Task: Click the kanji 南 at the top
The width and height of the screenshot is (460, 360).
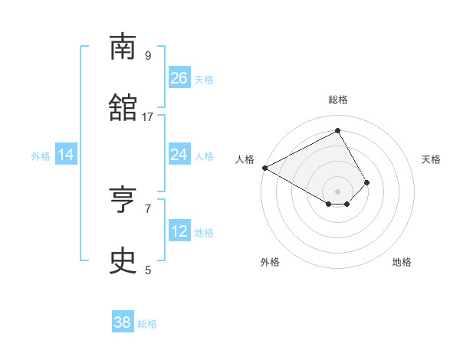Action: pyautogui.click(x=123, y=47)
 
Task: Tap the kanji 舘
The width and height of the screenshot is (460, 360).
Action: pyautogui.click(x=123, y=108)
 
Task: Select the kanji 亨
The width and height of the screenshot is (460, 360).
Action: pyautogui.click(x=123, y=201)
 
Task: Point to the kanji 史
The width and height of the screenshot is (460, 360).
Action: pyautogui.click(x=123, y=262)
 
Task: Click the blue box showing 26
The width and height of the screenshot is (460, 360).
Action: pyautogui.click(x=179, y=77)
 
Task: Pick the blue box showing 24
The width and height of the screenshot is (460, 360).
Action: pyautogui.click(x=179, y=155)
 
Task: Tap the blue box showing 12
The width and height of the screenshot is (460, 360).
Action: pyautogui.click(x=179, y=231)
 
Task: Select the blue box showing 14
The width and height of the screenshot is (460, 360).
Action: pyautogui.click(x=66, y=155)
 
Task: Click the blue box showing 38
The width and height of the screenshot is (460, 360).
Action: pyautogui.click(x=123, y=322)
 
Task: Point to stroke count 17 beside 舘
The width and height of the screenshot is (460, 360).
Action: pyautogui.click(x=148, y=117)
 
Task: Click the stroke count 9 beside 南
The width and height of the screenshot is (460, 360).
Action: pyautogui.click(x=147, y=56)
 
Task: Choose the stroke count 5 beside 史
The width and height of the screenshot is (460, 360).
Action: pyautogui.click(x=147, y=270)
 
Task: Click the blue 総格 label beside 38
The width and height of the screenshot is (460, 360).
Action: pyautogui.click(x=147, y=324)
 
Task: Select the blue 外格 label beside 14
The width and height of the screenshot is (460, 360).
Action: pyautogui.click(x=41, y=156)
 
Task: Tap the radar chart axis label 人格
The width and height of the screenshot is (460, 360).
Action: pyautogui.click(x=245, y=159)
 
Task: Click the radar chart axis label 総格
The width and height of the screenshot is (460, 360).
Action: pyautogui.click(x=337, y=100)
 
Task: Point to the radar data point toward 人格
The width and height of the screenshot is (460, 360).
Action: pyautogui.click(x=264, y=168)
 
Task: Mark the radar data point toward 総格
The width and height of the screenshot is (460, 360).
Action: pyautogui.click(x=337, y=131)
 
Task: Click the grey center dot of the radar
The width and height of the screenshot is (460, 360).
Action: pyautogui.click(x=337, y=191)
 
